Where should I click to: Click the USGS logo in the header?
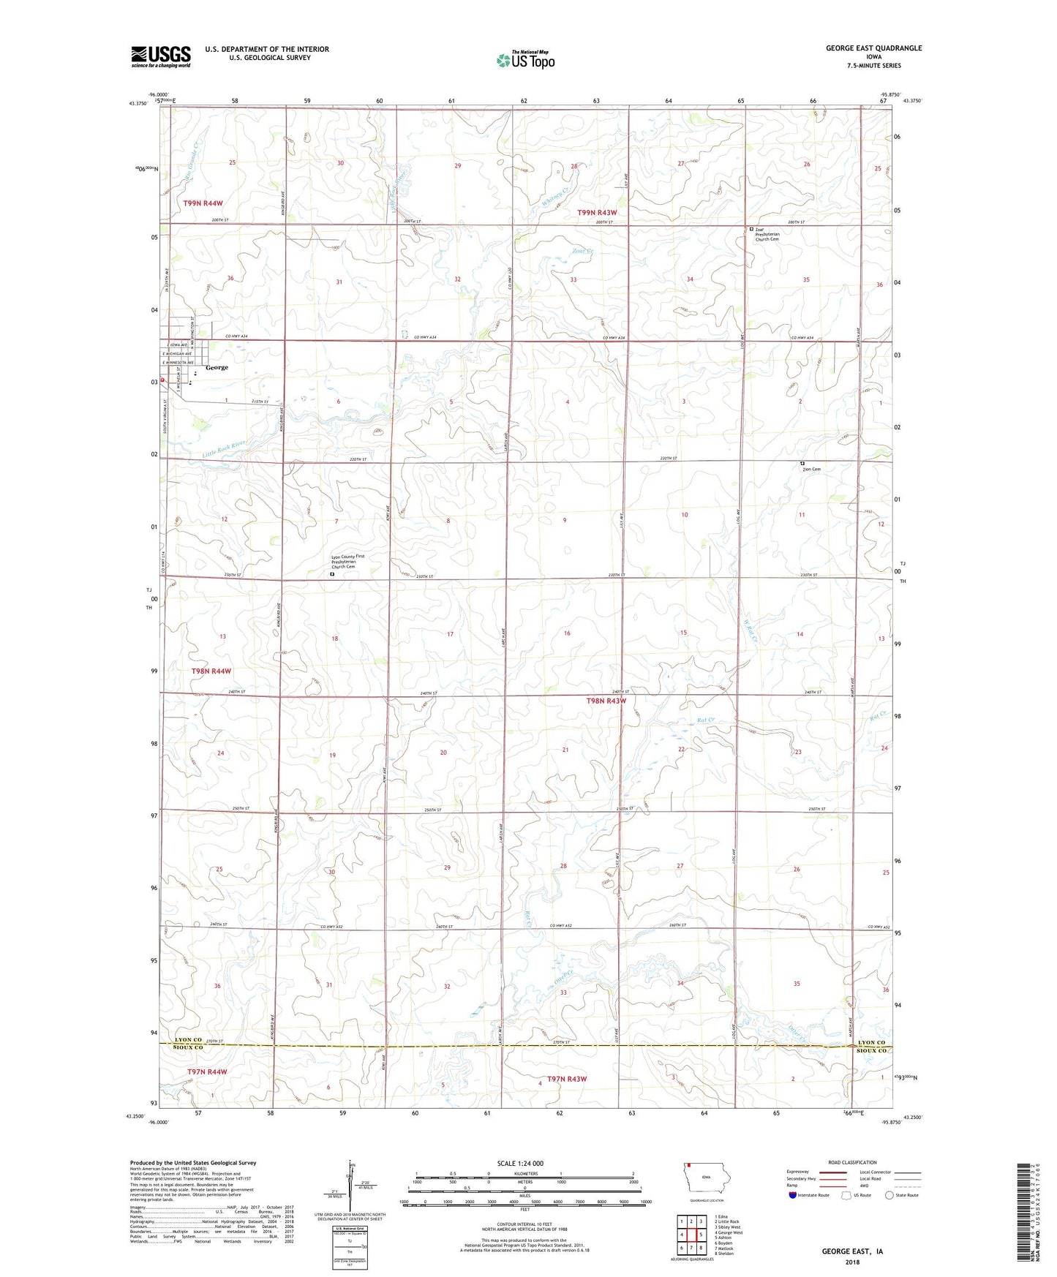(x=161, y=56)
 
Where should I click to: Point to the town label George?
(x=217, y=367)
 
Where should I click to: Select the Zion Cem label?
(x=811, y=469)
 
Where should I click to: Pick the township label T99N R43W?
(x=602, y=212)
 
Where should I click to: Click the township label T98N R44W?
(x=211, y=671)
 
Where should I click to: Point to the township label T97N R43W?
(x=563, y=1079)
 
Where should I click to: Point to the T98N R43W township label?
(x=606, y=701)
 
